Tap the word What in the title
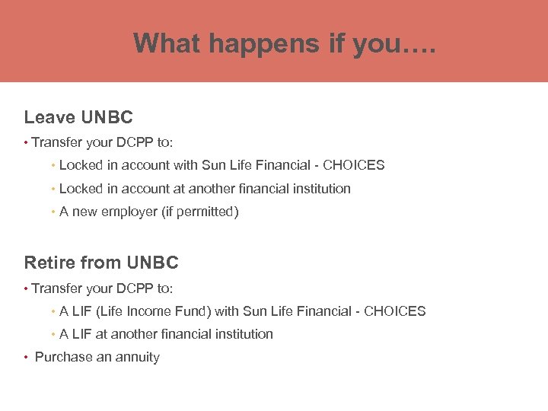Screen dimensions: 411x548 tap(167, 43)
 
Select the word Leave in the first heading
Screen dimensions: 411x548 tap(49, 117)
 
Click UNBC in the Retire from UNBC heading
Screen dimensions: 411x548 tap(152, 263)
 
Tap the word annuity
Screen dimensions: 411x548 tap(138, 357)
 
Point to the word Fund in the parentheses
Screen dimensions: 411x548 tap(195, 311)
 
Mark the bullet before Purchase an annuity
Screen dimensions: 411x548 tap(27, 358)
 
